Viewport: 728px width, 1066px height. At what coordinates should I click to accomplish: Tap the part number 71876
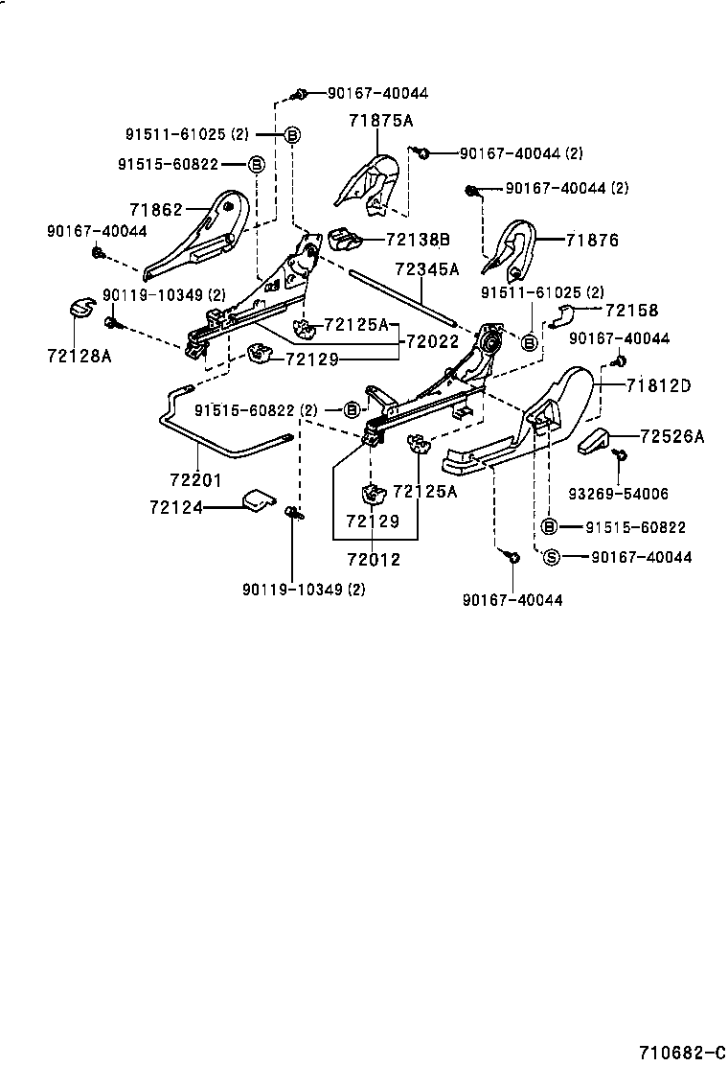[x=592, y=241]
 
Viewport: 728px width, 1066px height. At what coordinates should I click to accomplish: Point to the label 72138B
[x=418, y=239]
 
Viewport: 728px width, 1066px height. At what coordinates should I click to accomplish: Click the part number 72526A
[x=671, y=436]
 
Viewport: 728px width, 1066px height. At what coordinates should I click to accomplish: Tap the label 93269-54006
[x=618, y=494]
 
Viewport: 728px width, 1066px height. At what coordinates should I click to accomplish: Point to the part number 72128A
[x=79, y=356]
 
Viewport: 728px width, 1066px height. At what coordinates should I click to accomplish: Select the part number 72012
[x=373, y=559]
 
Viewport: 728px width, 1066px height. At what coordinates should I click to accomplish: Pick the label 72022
[x=434, y=340]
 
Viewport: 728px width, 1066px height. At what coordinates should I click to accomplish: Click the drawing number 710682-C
[x=681, y=1053]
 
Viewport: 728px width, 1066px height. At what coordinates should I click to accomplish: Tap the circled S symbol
[x=551, y=557]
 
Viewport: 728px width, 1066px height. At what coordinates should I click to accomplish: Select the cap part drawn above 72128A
[x=80, y=309]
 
